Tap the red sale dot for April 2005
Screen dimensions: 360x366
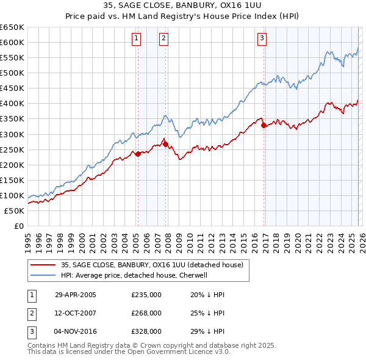138,154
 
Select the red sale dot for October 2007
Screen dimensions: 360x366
165,144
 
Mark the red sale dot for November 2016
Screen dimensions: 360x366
264,126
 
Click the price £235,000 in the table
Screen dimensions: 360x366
146,295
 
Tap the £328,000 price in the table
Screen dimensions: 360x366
146,331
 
